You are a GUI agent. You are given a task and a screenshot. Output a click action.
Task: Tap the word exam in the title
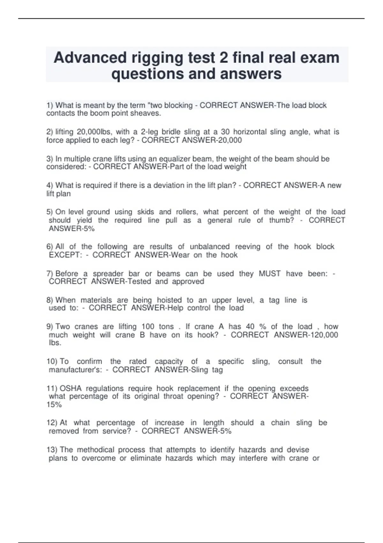[x=321, y=58]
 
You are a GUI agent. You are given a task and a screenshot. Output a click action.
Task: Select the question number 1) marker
[x=50, y=105]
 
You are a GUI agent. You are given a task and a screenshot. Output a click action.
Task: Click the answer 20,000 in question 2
[x=230, y=140]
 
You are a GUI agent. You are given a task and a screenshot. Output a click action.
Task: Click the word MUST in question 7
[x=270, y=274]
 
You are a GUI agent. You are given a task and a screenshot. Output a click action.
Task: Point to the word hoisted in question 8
[x=169, y=300]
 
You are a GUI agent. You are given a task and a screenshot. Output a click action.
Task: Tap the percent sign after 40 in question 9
[x=263, y=327]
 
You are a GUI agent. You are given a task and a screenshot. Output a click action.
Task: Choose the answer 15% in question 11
[x=54, y=405]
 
